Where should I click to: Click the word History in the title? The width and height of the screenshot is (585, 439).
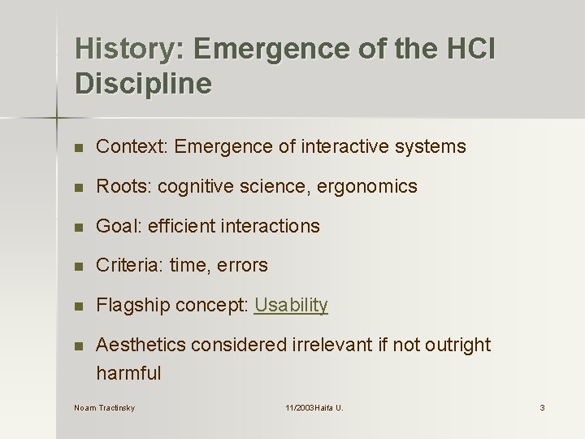[128, 50]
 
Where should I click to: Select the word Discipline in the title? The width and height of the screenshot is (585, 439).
[143, 84]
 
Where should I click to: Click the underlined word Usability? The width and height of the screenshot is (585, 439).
[291, 305]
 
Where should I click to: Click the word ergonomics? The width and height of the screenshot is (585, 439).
[366, 187]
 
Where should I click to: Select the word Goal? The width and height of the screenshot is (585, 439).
[116, 226]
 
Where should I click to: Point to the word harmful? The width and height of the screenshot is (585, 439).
[128, 374]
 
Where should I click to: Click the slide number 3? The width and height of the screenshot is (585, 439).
[542, 407]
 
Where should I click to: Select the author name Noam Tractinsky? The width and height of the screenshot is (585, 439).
[104, 407]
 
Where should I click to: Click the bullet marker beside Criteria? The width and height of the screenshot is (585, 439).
[78, 266]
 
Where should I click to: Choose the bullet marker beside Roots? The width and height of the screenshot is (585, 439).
[78, 187]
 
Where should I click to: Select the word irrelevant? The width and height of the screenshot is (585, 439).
[331, 345]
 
